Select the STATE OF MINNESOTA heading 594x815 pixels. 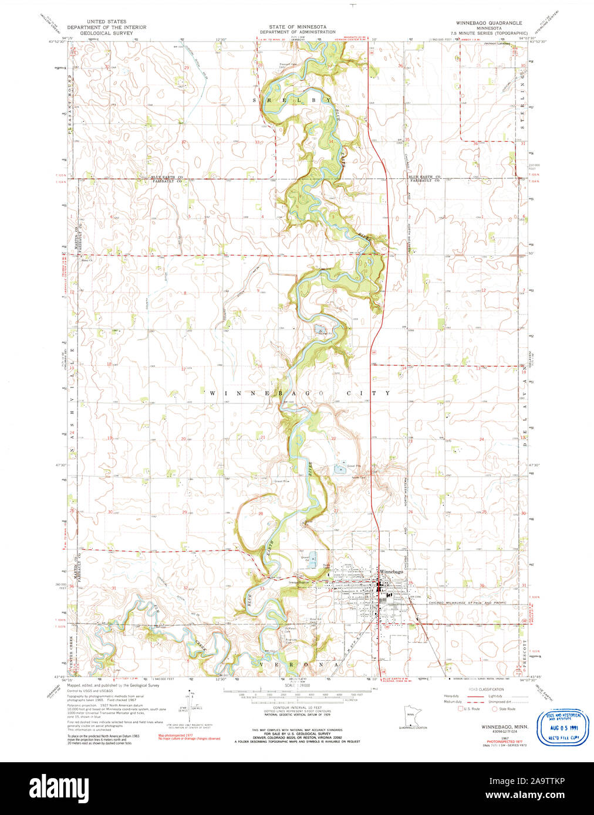[298, 27]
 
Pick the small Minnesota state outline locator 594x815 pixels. [411, 715]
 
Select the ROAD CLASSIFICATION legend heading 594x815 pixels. [486, 689]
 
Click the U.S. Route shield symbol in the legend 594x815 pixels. [460, 709]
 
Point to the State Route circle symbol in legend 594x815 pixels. [495, 709]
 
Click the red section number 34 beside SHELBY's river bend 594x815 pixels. [331, 142]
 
